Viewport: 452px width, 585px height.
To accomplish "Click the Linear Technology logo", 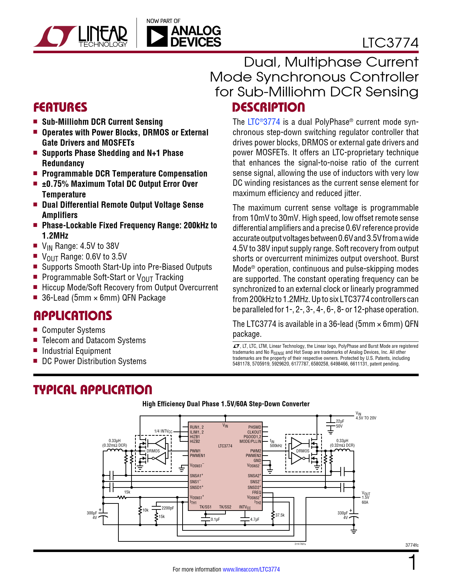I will (x=80, y=37).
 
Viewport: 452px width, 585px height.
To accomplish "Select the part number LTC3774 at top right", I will (x=390, y=43).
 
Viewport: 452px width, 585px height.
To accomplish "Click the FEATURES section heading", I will (x=60, y=107).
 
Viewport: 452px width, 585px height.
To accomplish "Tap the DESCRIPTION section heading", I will (x=268, y=107).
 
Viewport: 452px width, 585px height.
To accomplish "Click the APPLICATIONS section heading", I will (x=73, y=316).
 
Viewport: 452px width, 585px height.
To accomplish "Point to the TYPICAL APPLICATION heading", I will (x=93, y=390).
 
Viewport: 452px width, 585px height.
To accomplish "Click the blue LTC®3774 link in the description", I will (x=264, y=122).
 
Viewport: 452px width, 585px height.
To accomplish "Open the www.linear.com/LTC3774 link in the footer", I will (x=251, y=569).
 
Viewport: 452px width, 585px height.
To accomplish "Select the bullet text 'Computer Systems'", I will (x=73, y=330).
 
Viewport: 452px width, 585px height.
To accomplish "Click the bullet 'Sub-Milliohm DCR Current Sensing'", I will (x=102, y=122).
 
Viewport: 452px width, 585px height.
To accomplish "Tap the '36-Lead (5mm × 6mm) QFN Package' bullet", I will (x=104, y=298).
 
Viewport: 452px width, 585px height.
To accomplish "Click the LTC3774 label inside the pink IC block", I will (x=225, y=446).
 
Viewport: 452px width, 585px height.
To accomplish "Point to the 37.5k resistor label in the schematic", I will (x=280, y=515).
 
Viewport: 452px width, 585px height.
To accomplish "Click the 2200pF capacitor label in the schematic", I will (x=168, y=508).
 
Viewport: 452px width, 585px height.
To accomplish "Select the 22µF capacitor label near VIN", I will (x=340, y=421).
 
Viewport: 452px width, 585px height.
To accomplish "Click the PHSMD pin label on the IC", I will (x=255, y=427).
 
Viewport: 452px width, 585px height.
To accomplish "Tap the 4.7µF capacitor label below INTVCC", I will (x=255, y=519).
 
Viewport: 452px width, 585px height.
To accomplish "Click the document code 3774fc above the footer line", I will (x=412, y=545).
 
